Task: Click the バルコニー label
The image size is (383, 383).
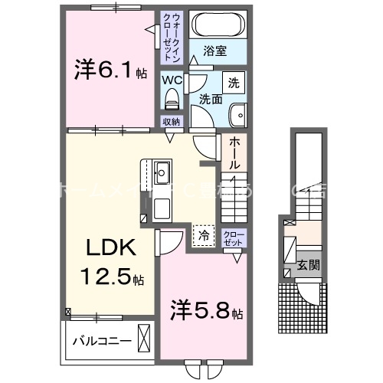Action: (99, 339)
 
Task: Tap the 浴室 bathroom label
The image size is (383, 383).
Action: (214, 52)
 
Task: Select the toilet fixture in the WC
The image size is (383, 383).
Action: (171, 99)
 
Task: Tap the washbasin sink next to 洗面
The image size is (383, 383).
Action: (238, 114)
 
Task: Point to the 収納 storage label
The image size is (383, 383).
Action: (171, 121)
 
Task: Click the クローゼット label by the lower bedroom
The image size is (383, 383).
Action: (233, 237)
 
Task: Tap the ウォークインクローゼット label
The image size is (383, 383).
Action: (172, 37)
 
